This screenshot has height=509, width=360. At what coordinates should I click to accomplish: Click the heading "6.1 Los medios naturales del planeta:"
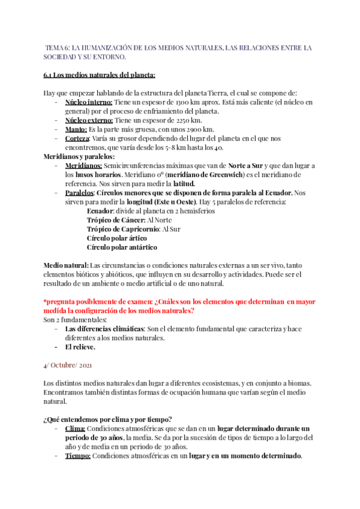point(100,75)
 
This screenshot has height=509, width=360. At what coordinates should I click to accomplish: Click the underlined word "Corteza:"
point(79,138)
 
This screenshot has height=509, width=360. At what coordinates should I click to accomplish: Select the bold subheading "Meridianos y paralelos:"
point(79,156)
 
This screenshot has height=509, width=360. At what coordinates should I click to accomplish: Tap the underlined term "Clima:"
point(75,429)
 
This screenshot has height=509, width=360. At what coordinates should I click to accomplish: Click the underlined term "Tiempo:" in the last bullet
point(78,456)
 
